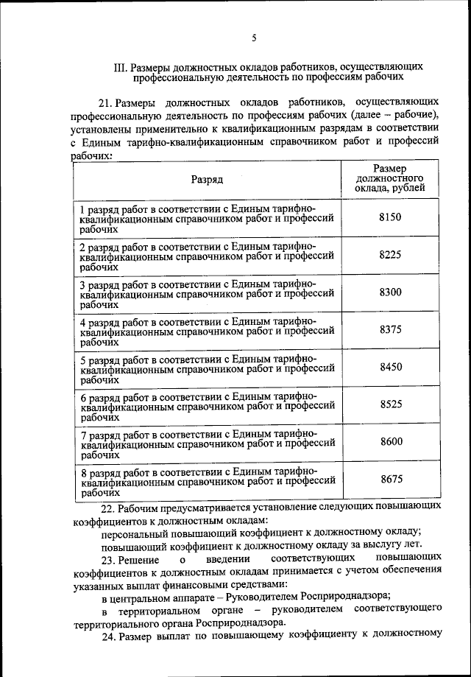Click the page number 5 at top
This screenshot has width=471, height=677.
pos(253,38)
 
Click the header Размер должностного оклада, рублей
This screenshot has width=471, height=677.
pos(389,178)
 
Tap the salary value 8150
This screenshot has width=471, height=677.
pos(390,218)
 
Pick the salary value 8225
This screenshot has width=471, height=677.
pos(390,255)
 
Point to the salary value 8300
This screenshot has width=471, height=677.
pos(390,292)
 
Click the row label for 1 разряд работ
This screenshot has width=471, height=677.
pos(208,219)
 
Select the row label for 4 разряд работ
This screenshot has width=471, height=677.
pos(208,331)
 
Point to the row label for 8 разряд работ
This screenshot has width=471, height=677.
pos(208,480)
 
